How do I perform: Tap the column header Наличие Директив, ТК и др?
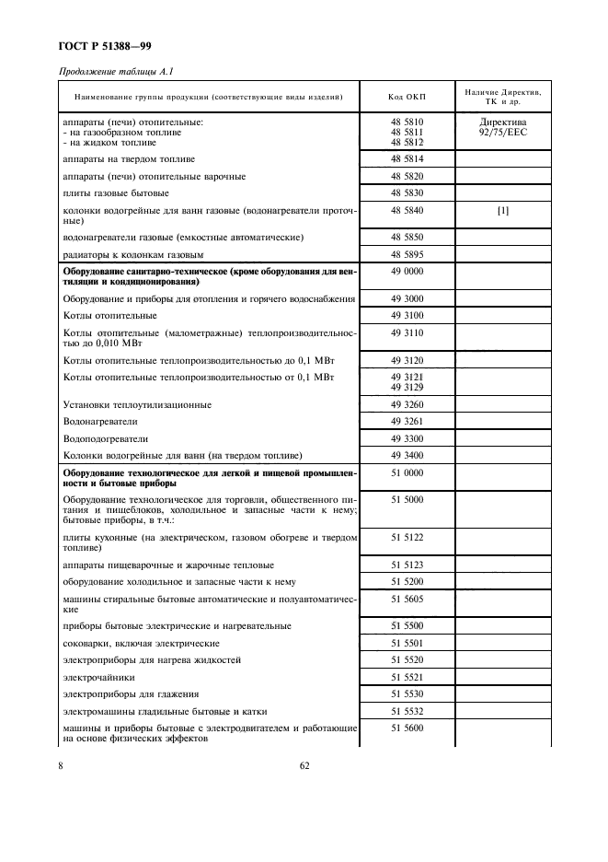point(502,97)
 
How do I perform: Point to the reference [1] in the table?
point(502,211)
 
